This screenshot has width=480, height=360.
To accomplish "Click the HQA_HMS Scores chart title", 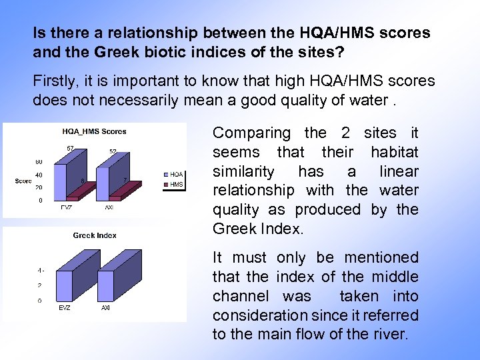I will click(94, 131).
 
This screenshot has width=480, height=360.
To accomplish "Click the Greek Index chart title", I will click(95, 235).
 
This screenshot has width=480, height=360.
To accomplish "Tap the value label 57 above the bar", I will click(69, 147).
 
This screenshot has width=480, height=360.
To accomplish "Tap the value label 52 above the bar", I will click(113, 151).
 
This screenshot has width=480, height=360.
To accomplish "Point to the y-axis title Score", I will click(23, 181).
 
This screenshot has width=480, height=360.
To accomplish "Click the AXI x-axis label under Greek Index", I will click(105, 309).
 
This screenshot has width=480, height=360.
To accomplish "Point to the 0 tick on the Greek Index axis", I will click(40, 301).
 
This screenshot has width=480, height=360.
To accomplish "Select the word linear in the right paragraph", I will click(398, 171).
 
